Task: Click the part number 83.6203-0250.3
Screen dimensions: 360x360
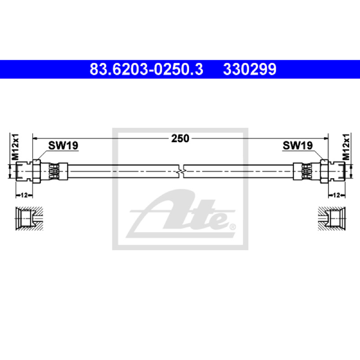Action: point(146,69)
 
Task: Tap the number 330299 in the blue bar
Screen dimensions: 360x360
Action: point(250,69)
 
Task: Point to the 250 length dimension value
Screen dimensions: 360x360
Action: point(180,139)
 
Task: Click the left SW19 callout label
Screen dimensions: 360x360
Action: point(63,145)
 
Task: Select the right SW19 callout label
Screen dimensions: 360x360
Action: point(297,145)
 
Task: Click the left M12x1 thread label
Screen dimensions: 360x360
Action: point(16,147)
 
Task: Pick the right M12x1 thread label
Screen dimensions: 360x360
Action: point(346,147)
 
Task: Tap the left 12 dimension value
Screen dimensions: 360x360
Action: point(24,195)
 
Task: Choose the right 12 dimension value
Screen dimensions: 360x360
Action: point(336,195)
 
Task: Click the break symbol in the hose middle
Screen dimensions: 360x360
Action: point(181,171)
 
